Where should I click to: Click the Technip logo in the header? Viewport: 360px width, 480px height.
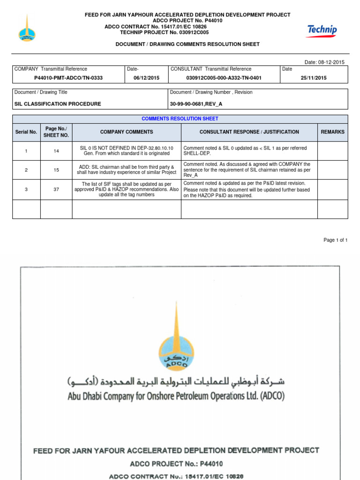coord(322,31)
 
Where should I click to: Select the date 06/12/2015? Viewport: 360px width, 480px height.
coord(146,78)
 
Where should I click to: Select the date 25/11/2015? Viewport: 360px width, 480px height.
coord(314,78)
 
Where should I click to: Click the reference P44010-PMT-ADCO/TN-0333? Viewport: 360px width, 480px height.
coord(68,78)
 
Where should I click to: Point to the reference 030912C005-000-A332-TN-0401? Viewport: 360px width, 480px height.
coord(224,78)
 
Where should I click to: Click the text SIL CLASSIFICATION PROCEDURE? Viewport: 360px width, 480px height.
coord(58,104)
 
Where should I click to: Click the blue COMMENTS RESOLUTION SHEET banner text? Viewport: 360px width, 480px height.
coord(180,119)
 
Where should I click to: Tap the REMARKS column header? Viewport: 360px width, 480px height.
coord(332,132)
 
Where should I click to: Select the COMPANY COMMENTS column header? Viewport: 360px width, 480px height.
coord(127,132)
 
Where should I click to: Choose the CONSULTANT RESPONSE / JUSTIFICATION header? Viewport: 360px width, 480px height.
coord(249,132)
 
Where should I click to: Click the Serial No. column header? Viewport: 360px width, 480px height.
coord(26,132)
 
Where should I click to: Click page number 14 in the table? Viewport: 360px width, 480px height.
coord(56,151)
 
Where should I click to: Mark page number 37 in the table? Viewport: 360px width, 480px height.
coord(56,189)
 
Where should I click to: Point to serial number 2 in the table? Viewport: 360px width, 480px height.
coord(26,170)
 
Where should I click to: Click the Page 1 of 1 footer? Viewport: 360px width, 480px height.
coord(335,240)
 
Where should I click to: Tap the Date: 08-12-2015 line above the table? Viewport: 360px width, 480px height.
coord(324,62)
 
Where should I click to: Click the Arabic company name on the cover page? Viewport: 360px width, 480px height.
coord(176,381)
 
